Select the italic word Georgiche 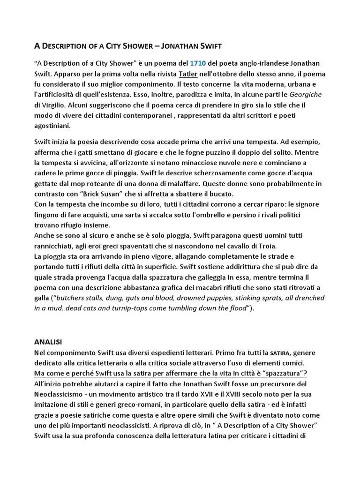pyautogui.click(x=305, y=94)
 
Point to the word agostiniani pyautogui.click(x=53, y=125)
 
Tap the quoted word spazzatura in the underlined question pyautogui.click(x=284, y=373)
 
